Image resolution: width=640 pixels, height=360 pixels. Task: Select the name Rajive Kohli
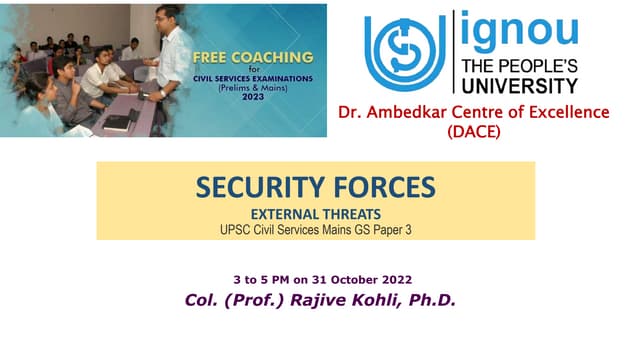352,299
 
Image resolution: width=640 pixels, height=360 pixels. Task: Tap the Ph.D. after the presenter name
431,299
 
